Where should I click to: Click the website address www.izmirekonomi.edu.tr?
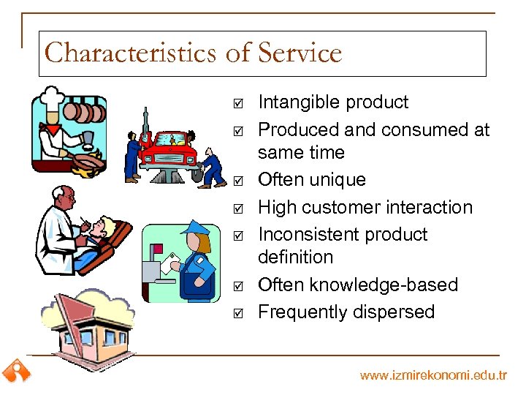point(433,375)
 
